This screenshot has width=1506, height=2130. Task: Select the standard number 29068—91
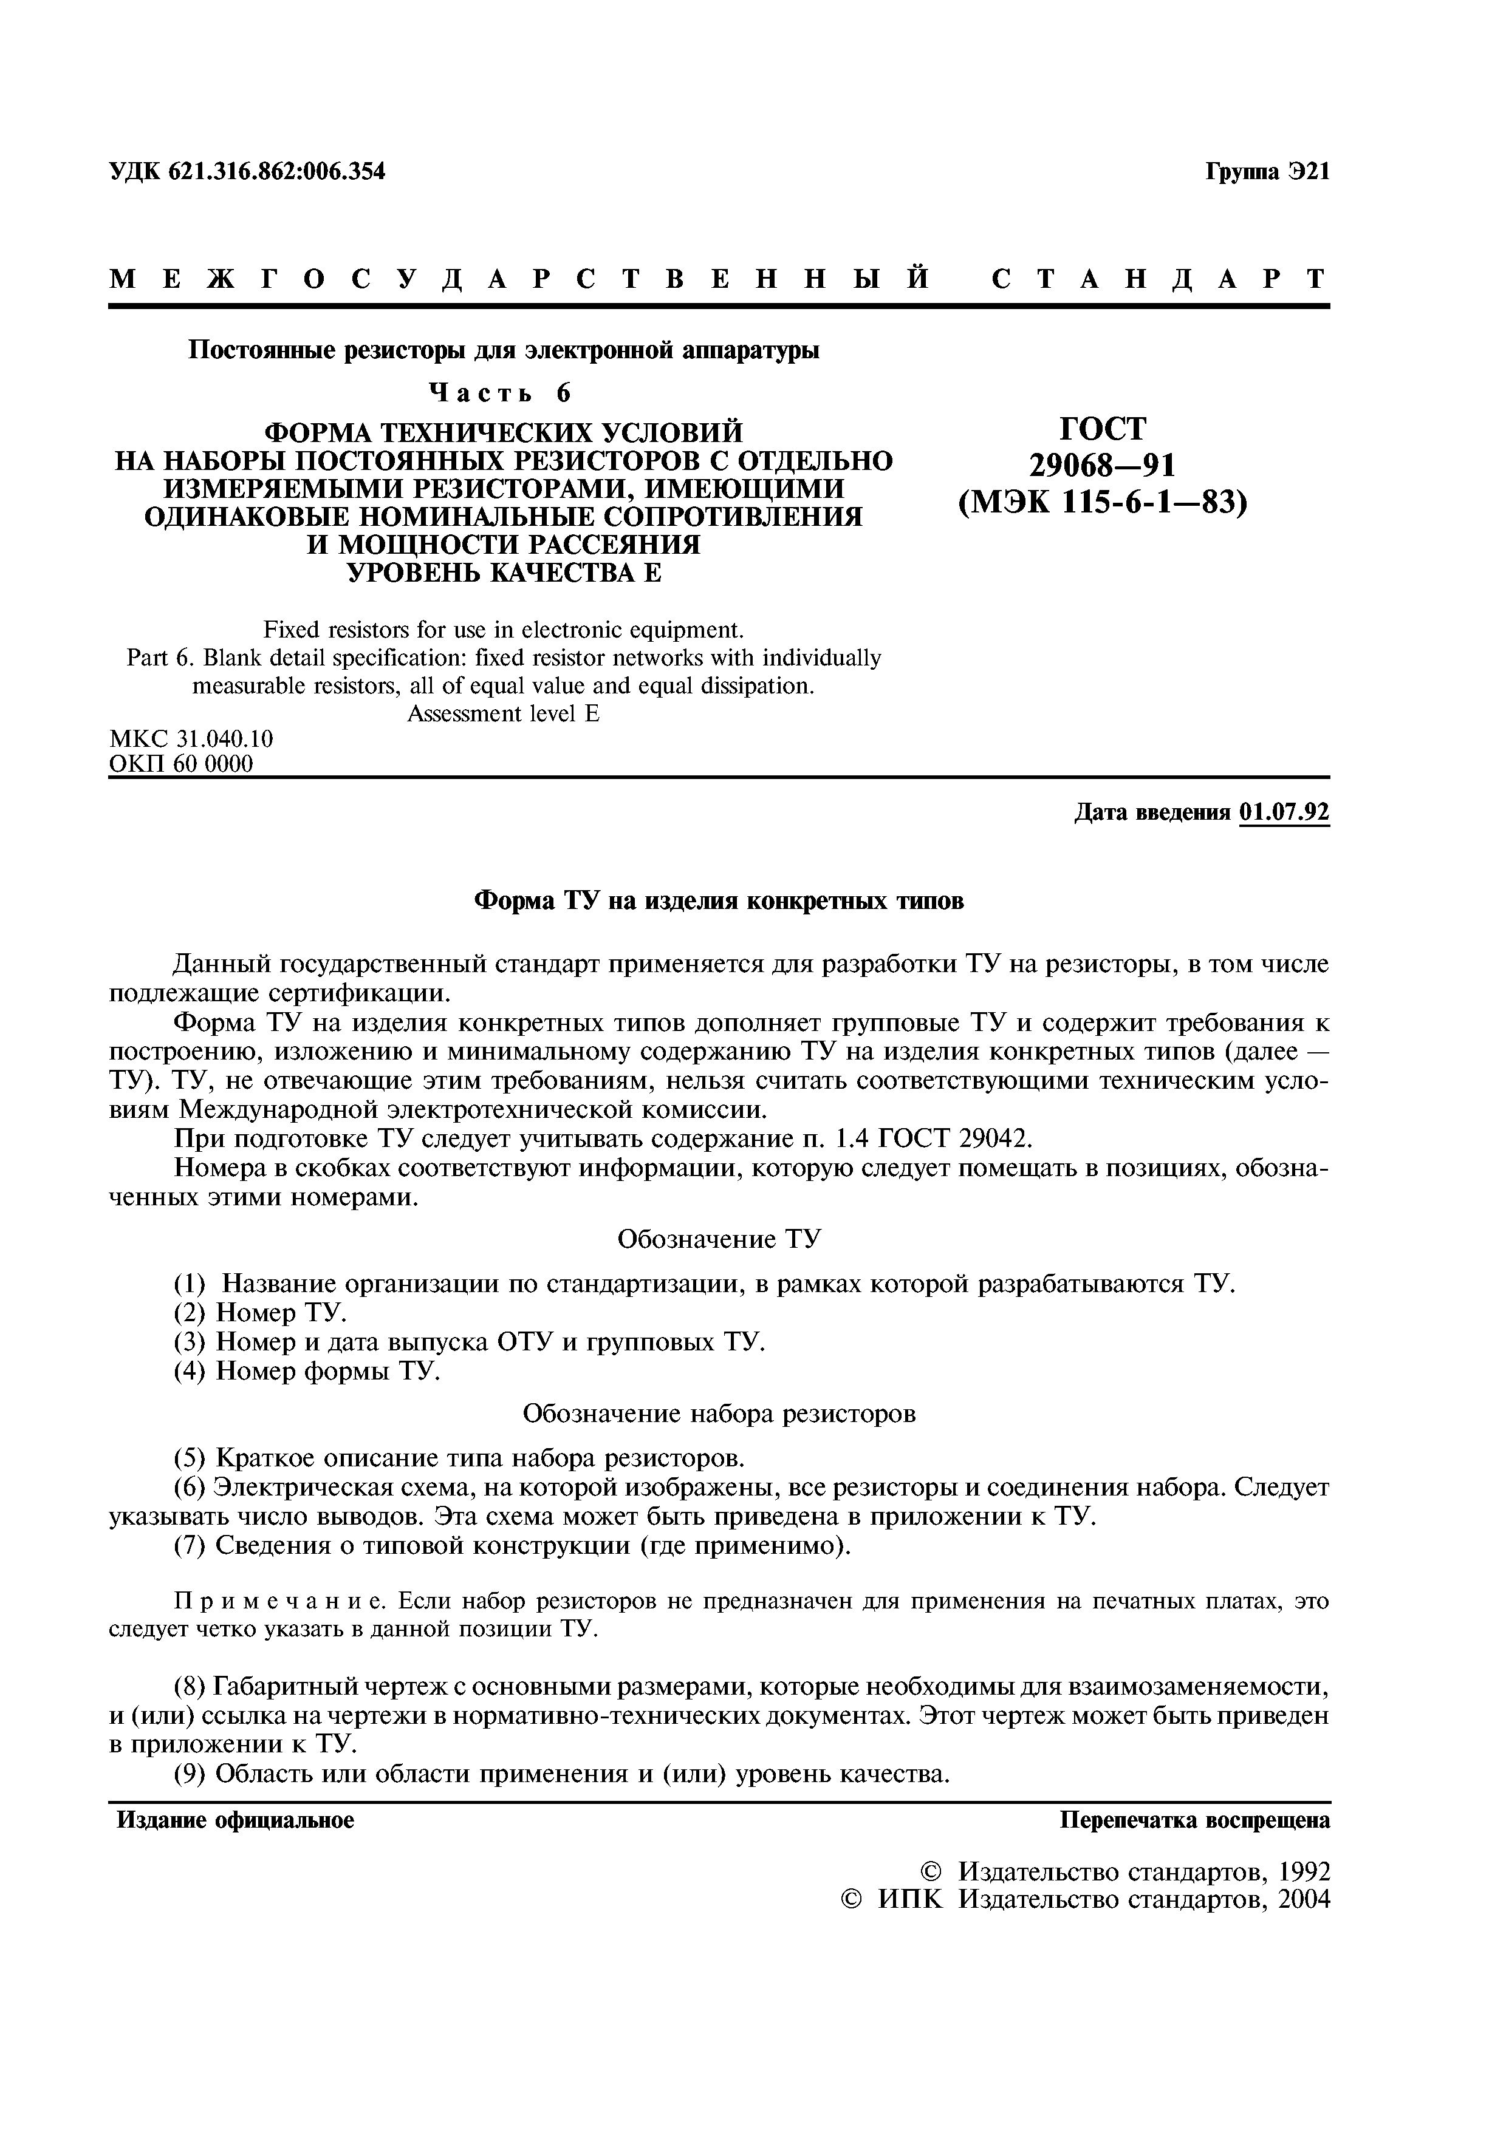[1103, 464]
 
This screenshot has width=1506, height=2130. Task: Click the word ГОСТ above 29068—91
[1103, 429]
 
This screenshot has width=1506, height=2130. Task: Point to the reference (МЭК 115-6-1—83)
[1103, 502]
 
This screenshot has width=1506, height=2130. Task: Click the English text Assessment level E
[503, 714]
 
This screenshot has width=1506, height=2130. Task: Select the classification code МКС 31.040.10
[191, 740]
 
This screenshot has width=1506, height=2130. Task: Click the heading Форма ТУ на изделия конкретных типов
[719, 901]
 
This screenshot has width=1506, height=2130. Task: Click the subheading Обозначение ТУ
[719, 1239]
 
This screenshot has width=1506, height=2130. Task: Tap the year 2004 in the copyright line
[1302, 1898]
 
